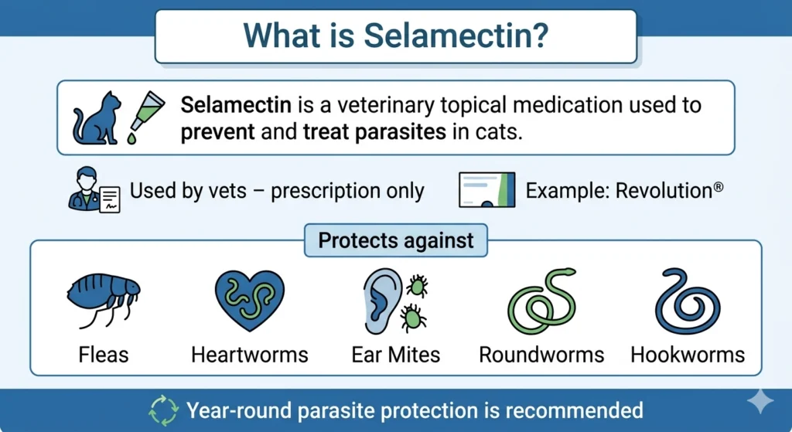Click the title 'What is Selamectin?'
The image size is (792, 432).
395,36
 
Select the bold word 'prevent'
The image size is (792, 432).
217,131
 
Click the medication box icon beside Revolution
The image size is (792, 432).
486,190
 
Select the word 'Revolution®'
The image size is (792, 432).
669,190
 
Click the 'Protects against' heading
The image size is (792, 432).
396,240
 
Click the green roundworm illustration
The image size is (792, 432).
541,301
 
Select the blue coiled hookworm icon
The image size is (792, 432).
687,301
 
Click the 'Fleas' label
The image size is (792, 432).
104,355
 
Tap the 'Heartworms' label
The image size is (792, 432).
249,355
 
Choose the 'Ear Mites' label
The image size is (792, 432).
395,355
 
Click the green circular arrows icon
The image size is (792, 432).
163,410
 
